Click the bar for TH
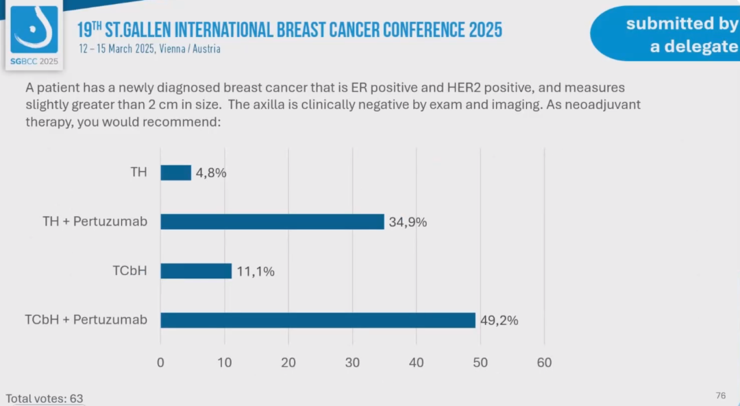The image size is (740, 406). pos(176,173)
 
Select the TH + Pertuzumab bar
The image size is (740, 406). pos(272,222)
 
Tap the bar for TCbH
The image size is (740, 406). pos(196,271)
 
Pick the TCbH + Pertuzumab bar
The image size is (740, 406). pos(318,320)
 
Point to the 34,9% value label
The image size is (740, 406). pos(407,222)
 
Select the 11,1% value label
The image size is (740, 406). pos(256,272)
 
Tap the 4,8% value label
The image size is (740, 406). pos(210,173)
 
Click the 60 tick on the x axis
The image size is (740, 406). pos(544,363)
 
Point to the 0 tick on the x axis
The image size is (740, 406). pos(160,363)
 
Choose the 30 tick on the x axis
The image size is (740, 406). pos(352,363)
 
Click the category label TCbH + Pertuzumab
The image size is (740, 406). pos(86,320)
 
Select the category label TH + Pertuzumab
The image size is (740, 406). pos(95,222)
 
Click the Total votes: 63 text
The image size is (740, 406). pos(45,398)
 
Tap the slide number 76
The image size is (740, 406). pos(721,396)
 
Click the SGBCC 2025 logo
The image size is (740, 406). pos(34,34)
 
